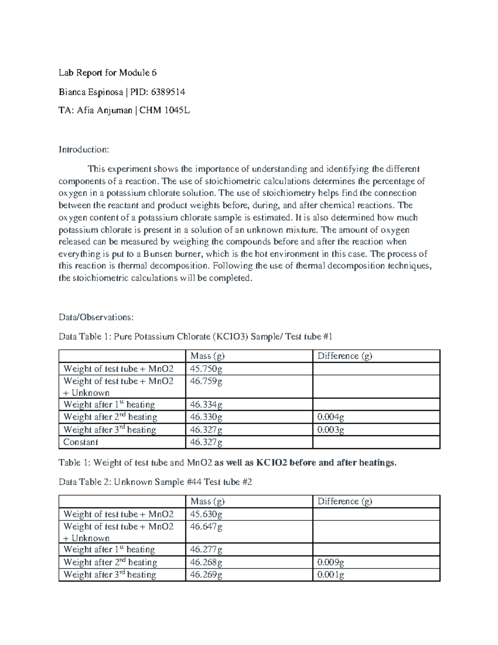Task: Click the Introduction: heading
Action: [83, 149]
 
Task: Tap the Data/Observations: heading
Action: [96, 317]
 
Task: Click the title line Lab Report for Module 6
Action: [107, 73]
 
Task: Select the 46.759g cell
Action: [206, 381]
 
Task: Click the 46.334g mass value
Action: [206, 405]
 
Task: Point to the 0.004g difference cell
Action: [331, 417]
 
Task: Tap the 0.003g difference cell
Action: [331, 429]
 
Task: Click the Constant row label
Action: [81, 442]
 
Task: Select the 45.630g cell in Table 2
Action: [206, 514]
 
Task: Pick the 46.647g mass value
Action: [206, 526]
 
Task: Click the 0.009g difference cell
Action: [331, 562]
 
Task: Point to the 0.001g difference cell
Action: [331, 575]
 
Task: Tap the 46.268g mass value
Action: [206, 562]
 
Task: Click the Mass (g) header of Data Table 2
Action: [207, 501]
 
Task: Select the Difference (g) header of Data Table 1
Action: [344, 356]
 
